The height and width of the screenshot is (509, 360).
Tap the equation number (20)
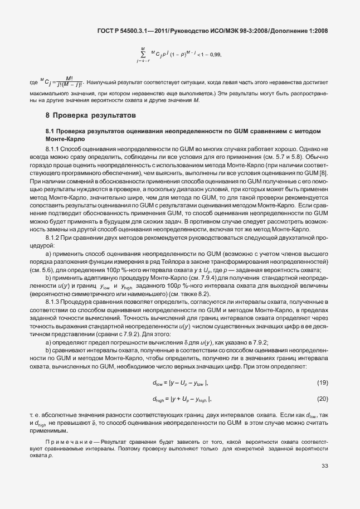tap(322, 399)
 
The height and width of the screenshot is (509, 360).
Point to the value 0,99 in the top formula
tap(215, 55)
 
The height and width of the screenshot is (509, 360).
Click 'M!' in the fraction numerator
tap(69, 77)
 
